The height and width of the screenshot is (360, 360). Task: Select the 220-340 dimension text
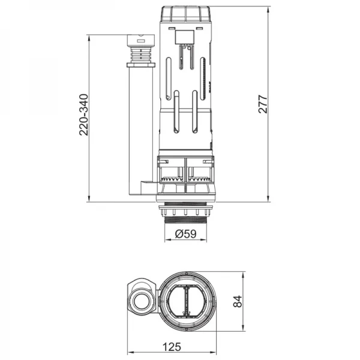pos(84,114)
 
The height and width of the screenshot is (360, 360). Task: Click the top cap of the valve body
pos(186,14)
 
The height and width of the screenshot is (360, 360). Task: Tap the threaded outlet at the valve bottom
pos(186,217)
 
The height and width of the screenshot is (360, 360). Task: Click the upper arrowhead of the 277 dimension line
pos(268,10)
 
